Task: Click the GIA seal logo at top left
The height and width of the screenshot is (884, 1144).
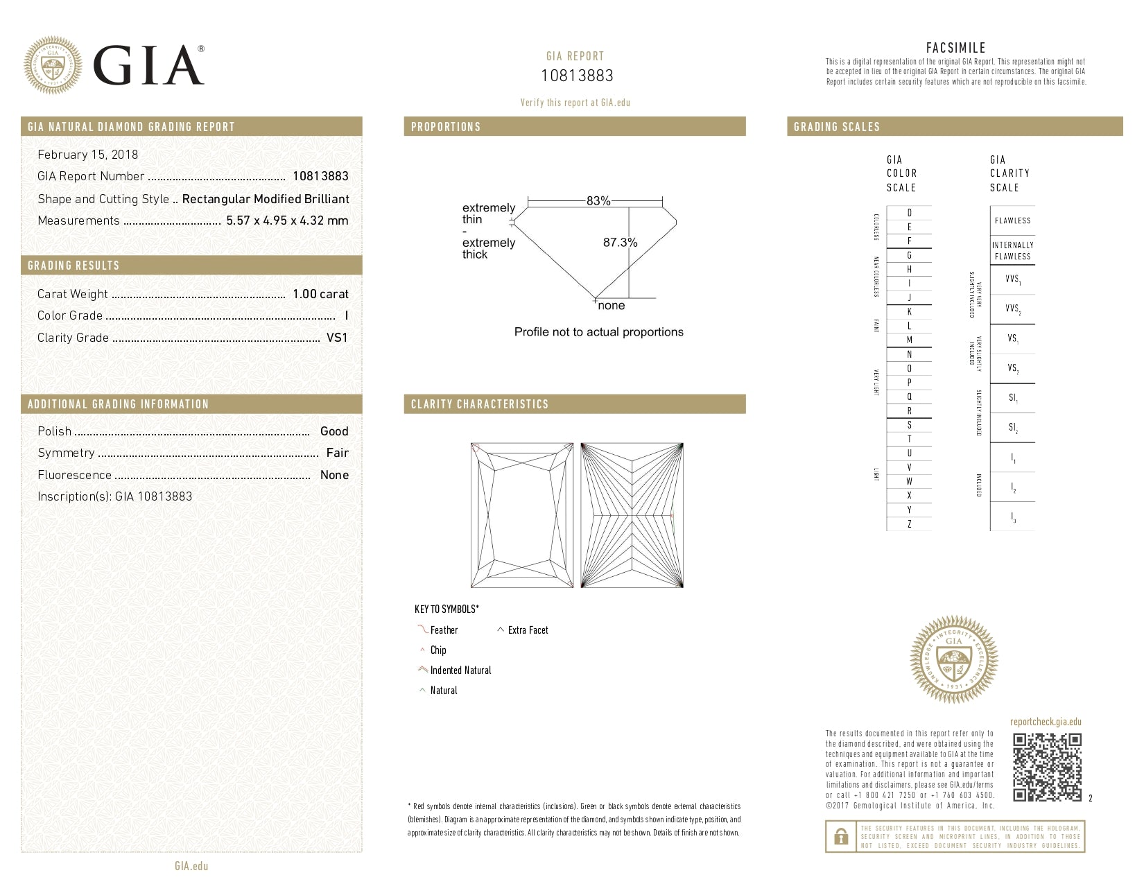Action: coord(52,65)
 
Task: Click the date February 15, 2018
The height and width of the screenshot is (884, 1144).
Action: coord(87,155)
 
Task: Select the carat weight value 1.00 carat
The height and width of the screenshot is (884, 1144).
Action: coord(320,294)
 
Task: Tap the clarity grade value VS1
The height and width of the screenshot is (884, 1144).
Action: coord(337,338)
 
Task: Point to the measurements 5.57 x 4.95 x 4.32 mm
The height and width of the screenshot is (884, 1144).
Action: coord(287,220)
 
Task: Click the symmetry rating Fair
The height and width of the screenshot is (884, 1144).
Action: coord(338,453)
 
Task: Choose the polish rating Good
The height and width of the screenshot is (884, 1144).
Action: coord(334,431)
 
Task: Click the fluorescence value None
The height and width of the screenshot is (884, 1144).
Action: coord(334,475)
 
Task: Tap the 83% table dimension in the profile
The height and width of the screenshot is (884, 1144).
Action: coord(598,201)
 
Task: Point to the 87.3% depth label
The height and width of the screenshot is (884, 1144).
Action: coord(620,243)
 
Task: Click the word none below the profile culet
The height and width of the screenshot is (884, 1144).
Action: coord(612,306)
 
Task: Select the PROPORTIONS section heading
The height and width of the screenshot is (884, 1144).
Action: coord(446,127)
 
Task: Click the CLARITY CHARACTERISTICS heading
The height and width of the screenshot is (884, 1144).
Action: coord(480,404)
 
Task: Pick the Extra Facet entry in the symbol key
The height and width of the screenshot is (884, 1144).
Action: coord(528,630)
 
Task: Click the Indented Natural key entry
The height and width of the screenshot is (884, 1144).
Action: coord(460,670)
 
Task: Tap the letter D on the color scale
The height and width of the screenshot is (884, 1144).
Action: coord(910,213)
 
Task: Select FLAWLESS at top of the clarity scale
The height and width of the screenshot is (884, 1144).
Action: coord(1012,220)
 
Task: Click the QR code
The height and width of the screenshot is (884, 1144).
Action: coord(1047,767)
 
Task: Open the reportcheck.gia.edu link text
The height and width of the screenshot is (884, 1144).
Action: coord(1046,722)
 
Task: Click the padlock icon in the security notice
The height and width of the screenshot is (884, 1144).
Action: coord(841,837)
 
